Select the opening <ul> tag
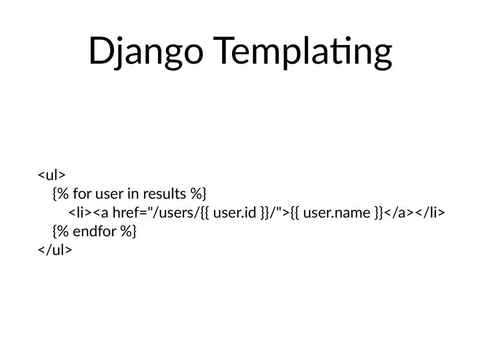[x=52, y=175]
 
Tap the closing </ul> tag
[x=55, y=249]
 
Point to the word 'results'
[x=165, y=194]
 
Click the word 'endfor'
[x=94, y=231]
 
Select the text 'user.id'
[x=234, y=212]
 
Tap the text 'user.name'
[x=337, y=212]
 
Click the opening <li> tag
[x=80, y=212]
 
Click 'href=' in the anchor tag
[x=130, y=212]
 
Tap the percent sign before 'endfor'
[x=63, y=231]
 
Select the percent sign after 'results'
[x=196, y=194]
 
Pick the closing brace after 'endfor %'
[x=134, y=231]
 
